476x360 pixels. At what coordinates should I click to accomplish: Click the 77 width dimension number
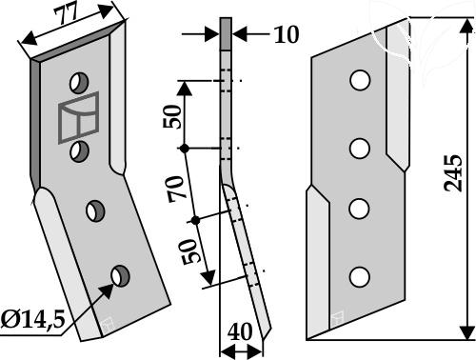(67, 14)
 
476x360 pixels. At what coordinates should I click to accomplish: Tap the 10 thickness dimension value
(287, 34)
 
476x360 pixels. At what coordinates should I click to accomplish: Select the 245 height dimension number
(453, 173)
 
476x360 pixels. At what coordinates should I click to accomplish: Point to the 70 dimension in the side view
(176, 190)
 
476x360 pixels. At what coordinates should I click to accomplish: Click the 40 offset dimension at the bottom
(240, 331)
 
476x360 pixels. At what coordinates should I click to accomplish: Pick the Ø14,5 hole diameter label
(33, 319)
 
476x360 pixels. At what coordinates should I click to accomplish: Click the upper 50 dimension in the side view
(172, 116)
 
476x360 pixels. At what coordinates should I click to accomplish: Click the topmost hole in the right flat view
(360, 80)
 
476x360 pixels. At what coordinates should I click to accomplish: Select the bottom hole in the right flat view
(360, 277)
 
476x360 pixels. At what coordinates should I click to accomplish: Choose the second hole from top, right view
(360, 149)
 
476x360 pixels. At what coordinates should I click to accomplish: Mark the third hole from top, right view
(359, 209)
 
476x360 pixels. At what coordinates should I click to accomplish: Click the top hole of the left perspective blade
(79, 83)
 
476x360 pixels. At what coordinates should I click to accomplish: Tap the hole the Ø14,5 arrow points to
(120, 276)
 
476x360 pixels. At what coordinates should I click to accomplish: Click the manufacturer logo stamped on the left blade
(78, 117)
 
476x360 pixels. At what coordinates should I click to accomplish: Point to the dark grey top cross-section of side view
(226, 33)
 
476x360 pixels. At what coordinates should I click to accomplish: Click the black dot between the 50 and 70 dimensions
(184, 149)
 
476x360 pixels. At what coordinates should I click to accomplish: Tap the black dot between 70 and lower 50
(195, 220)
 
